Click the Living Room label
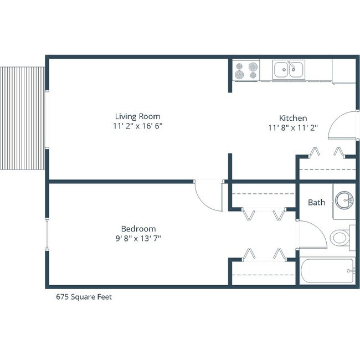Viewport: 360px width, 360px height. [x=137, y=116]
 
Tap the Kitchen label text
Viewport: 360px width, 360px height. [x=292, y=118]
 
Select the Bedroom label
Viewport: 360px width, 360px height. [x=138, y=229]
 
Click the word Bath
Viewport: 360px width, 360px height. [x=316, y=202]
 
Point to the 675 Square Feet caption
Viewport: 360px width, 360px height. [x=84, y=297]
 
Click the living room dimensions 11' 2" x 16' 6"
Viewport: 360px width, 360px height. [x=137, y=126]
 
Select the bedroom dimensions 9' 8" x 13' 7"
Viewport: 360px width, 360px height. [x=138, y=239]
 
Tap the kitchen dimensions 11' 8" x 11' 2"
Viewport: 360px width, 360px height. [x=292, y=128]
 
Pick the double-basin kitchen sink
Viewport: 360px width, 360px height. [x=287, y=70]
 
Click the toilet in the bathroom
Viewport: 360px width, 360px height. [x=341, y=238]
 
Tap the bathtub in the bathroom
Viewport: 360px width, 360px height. [x=327, y=271]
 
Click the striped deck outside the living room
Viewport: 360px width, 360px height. [x=22, y=119]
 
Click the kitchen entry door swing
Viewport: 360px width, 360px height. [x=341, y=124]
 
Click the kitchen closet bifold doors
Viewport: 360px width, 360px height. [x=327, y=152]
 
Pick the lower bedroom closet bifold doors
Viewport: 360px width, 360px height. [x=264, y=255]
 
